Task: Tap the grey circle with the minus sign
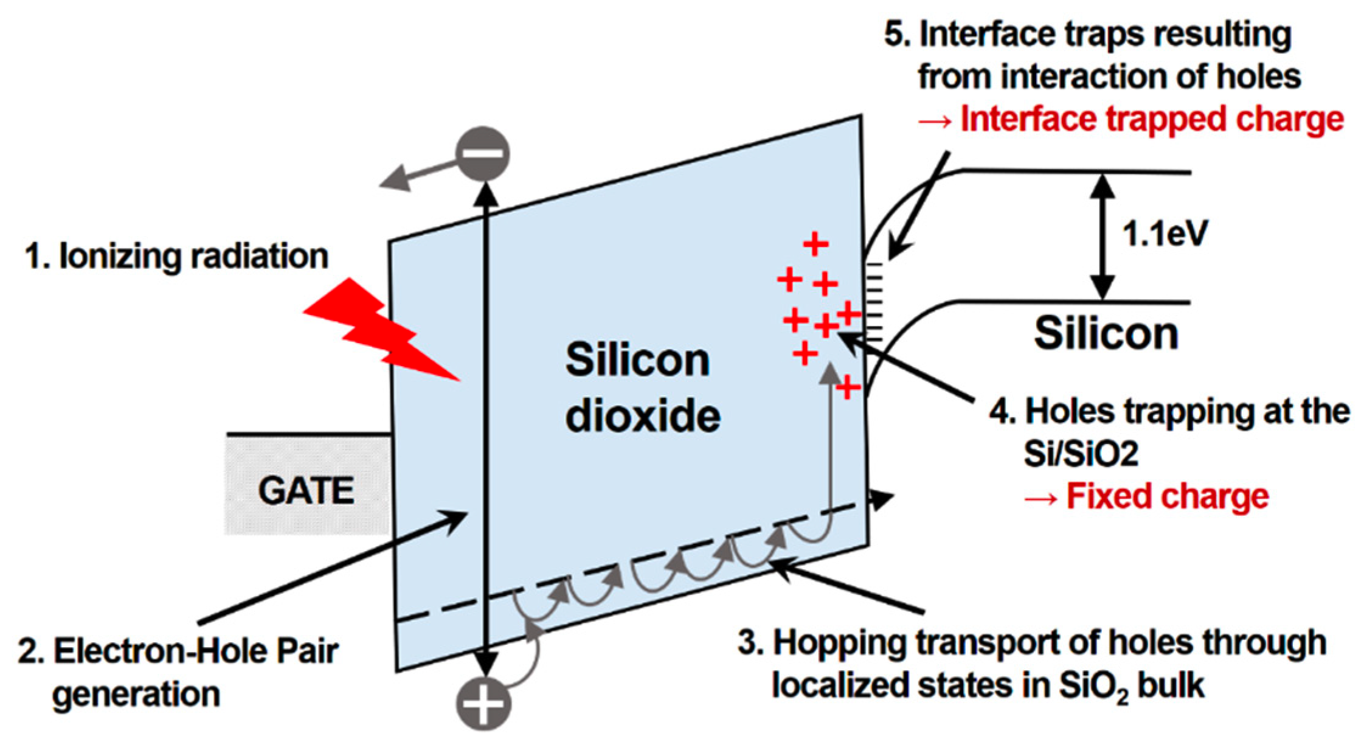click(482, 153)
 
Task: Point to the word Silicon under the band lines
click(1106, 333)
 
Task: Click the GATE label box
click(307, 490)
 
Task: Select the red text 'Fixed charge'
click(1168, 496)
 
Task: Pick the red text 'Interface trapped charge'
click(1151, 119)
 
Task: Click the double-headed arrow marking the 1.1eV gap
click(1102, 237)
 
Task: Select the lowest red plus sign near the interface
click(847, 387)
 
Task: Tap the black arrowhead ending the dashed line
click(883, 501)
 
